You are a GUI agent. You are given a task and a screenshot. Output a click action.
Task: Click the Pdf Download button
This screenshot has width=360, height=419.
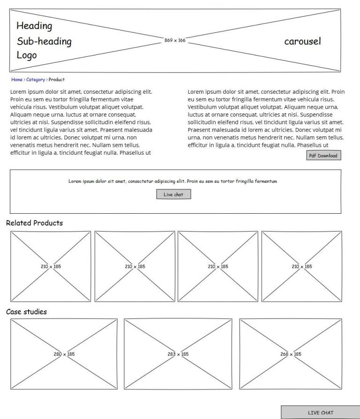tap(323, 156)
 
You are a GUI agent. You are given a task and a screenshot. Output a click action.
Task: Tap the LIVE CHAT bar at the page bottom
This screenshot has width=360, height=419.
tap(320, 412)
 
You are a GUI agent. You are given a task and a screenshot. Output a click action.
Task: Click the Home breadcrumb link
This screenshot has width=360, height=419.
tap(17, 80)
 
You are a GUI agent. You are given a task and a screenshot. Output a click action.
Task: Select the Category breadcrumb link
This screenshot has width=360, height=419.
tap(36, 80)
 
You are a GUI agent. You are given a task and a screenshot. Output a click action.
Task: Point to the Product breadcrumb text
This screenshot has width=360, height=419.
tap(57, 80)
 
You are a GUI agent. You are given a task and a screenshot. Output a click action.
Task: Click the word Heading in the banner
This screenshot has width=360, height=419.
tap(34, 26)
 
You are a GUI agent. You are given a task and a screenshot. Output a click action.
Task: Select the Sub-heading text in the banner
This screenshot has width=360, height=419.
tap(44, 41)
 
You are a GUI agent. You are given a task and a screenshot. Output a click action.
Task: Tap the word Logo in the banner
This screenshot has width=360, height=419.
tap(27, 55)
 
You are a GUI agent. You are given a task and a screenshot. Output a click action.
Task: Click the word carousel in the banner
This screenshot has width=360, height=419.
tap(302, 41)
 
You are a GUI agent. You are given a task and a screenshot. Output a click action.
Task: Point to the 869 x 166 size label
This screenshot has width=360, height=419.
tap(175, 40)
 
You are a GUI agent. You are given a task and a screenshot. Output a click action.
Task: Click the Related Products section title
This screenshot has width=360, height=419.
tap(34, 223)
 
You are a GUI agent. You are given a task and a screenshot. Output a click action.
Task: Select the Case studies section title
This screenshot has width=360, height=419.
tap(26, 312)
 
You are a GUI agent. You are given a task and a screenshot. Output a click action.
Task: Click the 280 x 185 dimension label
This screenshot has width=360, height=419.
tap(64, 354)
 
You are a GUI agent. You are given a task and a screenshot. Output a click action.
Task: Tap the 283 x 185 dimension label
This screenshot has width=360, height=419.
tap(178, 354)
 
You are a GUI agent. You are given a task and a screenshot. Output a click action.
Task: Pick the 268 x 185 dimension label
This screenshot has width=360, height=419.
tap(291, 354)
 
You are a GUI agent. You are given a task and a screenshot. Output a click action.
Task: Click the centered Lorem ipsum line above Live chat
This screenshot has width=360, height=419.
tap(172, 181)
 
